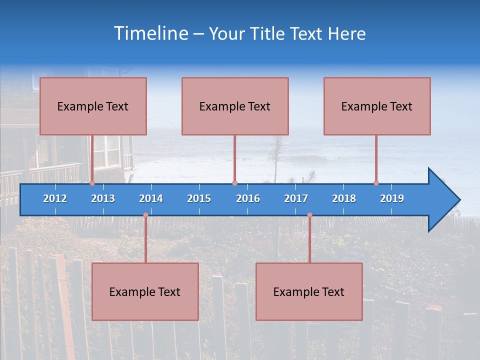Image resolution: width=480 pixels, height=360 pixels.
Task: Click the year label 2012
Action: (x=55, y=198)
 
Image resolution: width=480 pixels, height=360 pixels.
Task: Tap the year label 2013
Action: (x=103, y=198)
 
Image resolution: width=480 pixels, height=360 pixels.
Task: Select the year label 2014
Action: (x=151, y=198)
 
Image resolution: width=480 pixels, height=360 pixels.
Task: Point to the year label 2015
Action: (x=199, y=198)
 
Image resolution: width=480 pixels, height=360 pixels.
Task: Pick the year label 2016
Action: (x=248, y=198)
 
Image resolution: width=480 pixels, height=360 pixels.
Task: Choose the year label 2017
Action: (x=296, y=198)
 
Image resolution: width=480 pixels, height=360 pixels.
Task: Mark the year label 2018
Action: (x=344, y=198)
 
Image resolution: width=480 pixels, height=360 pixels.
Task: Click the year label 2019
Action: (x=392, y=198)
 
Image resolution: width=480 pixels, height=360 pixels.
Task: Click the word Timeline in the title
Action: (x=150, y=33)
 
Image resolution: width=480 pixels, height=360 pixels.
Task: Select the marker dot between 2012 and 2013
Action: (x=92, y=183)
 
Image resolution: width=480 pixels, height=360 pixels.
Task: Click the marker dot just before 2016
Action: (x=234, y=183)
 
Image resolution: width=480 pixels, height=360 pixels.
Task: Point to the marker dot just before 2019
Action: (x=376, y=183)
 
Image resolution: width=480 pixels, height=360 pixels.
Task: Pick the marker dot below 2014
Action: (x=145, y=215)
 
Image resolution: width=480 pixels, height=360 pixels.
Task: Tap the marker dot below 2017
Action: (x=309, y=215)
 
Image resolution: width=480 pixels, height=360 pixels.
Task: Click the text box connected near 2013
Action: (x=93, y=106)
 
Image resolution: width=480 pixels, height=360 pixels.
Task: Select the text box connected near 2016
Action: (x=235, y=106)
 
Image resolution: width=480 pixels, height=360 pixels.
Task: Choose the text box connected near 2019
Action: (x=377, y=106)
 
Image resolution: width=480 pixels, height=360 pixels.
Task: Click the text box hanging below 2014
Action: (x=145, y=291)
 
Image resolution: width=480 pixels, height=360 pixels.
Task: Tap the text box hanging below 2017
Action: (x=309, y=291)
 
